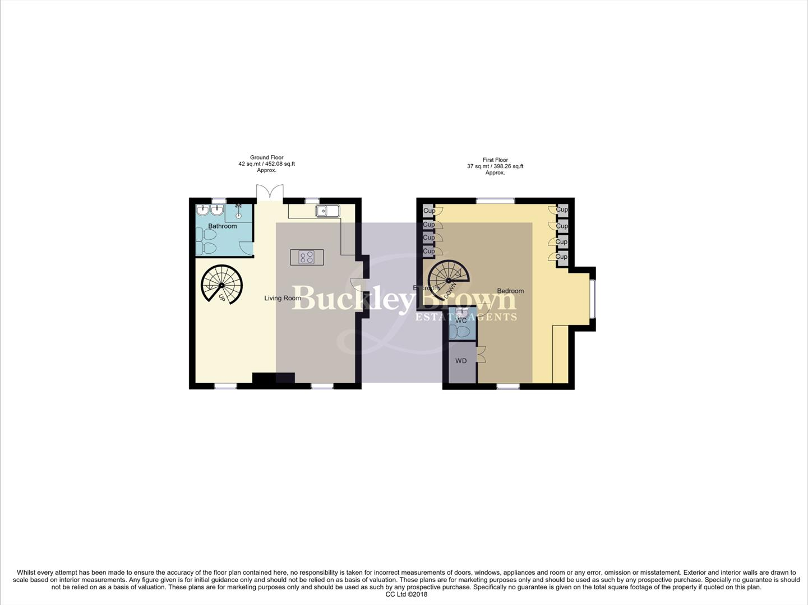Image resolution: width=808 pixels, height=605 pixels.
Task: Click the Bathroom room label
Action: tap(222, 226)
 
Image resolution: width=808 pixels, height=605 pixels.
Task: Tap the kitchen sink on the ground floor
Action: tap(327, 211)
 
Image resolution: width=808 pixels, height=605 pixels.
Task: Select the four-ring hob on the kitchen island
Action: tap(307, 258)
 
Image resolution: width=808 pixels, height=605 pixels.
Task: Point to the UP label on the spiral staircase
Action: tap(222, 298)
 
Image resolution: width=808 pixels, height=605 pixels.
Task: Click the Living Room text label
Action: tap(283, 298)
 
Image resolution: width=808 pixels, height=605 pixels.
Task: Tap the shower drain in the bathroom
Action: tap(239, 215)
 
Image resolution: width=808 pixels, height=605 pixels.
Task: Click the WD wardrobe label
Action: tap(461, 361)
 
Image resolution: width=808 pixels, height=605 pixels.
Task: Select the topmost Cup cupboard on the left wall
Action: tap(429, 211)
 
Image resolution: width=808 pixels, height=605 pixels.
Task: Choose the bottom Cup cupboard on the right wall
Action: tap(561, 257)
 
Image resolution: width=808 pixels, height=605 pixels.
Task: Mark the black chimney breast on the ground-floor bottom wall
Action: tap(273, 379)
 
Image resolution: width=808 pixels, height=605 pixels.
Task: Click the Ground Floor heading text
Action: tap(266, 157)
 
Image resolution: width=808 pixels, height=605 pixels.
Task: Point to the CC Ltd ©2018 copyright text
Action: tap(406, 594)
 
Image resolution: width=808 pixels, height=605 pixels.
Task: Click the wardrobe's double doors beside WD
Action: tap(481, 355)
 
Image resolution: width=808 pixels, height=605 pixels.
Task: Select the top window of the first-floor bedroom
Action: tap(496, 201)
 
